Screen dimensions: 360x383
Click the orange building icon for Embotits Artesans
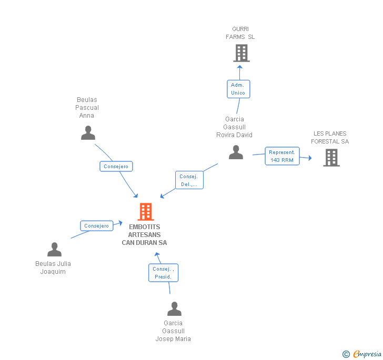(145, 211)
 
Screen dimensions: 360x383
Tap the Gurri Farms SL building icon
(241, 53)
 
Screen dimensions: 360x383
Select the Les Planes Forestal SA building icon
(331, 157)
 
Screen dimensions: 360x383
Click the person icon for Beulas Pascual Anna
(88, 133)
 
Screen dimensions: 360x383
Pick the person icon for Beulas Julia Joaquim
(54, 249)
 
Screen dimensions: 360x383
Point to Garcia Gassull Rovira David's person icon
(236, 152)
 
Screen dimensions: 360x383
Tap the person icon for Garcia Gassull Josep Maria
(174, 308)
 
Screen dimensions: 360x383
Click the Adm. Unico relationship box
(238, 89)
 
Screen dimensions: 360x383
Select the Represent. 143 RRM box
(281, 156)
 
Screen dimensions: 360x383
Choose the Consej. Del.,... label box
(189, 180)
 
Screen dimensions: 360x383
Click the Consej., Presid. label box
(163, 273)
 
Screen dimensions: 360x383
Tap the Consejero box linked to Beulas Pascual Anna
(116, 166)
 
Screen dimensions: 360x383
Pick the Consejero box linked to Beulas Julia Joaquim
(97, 226)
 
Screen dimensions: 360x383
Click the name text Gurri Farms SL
(240, 33)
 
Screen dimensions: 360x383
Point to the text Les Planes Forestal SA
(330, 137)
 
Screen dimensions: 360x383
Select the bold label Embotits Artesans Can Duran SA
(145, 235)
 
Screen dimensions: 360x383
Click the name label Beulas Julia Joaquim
(53, 268)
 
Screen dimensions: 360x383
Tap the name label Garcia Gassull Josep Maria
(173, 331)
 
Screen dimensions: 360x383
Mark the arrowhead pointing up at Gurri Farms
(239, 67)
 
